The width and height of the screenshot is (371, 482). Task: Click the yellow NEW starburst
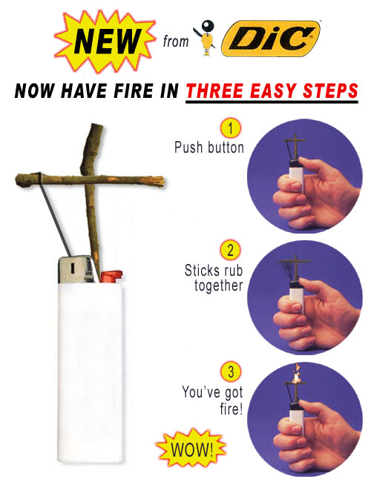click(105, 41)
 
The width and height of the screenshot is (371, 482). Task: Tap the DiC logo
click(270, 39)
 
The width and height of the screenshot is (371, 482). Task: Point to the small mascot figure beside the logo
click(206, 38)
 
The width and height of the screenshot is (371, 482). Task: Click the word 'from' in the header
click(176, 42)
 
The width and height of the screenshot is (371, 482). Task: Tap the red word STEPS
click(330, 91)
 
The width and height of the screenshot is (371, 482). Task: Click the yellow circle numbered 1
click(231, 128)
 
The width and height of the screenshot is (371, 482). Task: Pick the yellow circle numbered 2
click(231, 250)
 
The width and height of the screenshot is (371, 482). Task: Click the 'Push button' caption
click(209, 148)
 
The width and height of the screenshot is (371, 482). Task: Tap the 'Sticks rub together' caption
click(214, 278)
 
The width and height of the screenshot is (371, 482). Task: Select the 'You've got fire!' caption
click(212, 400)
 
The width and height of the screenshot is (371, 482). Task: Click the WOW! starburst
click(191, 449)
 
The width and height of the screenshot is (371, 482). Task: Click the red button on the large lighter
click(111, 277)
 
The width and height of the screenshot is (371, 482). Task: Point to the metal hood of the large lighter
click(77, 270)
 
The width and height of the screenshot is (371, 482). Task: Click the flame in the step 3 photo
click(296, 374)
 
